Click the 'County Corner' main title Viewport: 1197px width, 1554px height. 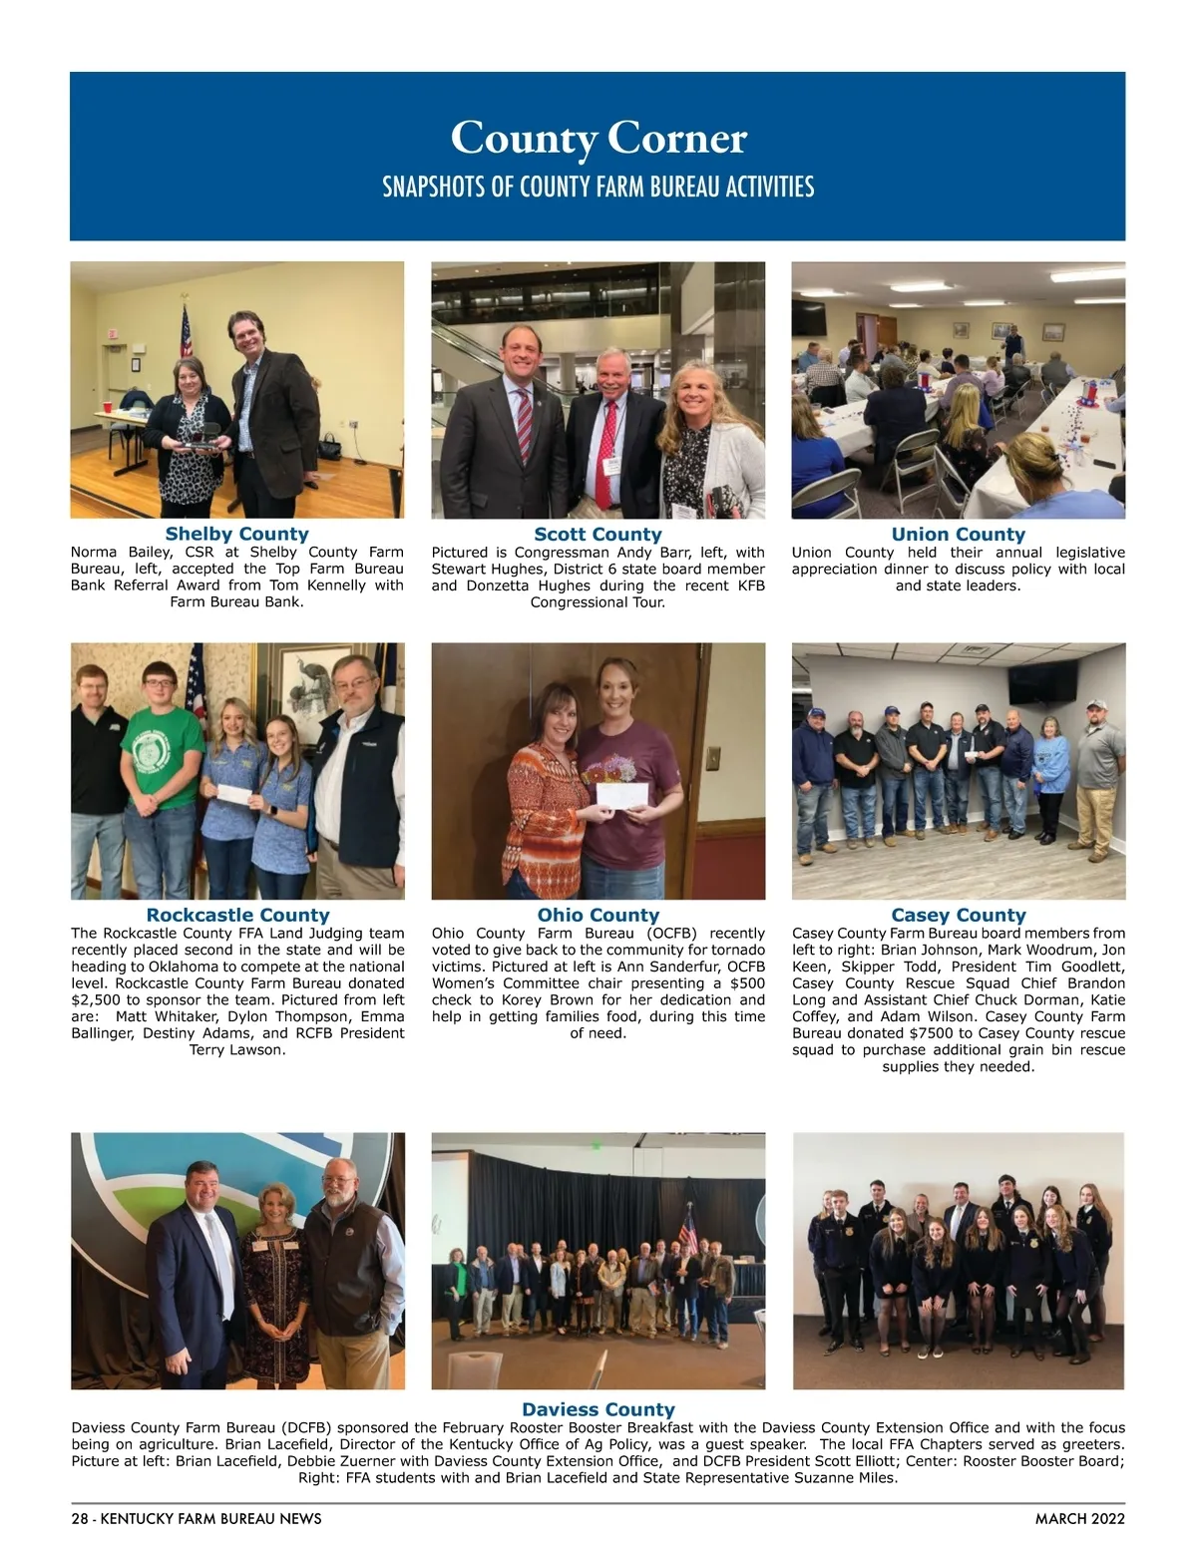[x=598, y=138]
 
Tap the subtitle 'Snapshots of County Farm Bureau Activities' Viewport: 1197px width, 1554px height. [x=598, y=187]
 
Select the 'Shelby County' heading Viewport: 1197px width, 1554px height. [x=237, y=534]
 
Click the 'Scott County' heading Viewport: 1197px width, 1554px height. [x=598, y=534]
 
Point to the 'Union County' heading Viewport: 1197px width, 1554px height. [x=958, y=534]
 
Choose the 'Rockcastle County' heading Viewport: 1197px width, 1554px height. [x=237, y=915]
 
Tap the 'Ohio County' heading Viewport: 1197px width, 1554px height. [x=598, y=915]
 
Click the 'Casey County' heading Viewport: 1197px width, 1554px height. [x=958, y=915]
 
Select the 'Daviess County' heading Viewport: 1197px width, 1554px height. [x=598, y=1409]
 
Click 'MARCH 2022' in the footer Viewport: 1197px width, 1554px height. [x=1079, y=1519]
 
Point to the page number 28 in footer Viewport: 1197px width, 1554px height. [x=80, y=1519]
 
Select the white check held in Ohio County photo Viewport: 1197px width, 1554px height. [x=621, y=795]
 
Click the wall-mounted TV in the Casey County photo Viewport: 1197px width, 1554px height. [x=1042, y=679]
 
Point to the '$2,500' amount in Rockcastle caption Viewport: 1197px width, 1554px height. [x=95, y=999]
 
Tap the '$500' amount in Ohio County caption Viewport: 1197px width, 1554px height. [x=744, y=982]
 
